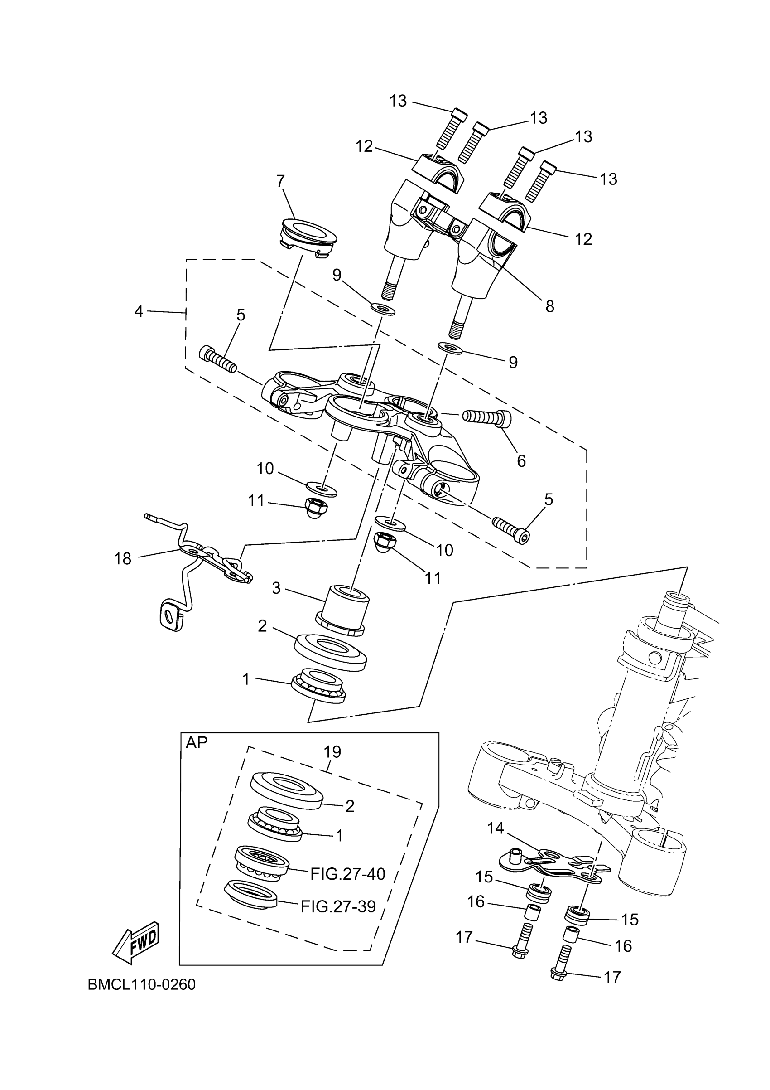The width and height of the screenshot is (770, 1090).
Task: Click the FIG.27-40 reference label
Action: point(348,874)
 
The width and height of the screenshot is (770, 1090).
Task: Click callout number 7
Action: point(280,181)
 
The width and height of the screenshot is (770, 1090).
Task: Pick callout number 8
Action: point(549,306)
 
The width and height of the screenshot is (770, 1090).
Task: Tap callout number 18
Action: point(122,559)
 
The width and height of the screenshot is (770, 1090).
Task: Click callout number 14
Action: point(496,828)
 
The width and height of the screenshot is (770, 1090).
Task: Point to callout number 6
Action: point(521,460)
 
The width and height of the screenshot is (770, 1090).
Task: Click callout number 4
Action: point(139,311)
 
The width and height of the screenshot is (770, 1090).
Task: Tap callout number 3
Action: point(276,588)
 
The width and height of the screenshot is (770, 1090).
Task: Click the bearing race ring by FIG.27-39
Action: point(251,894)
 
